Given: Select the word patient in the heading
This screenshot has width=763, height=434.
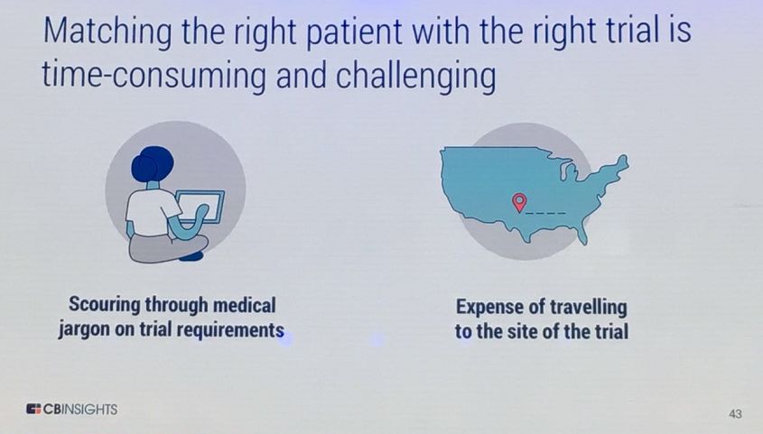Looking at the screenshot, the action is [x=354, y=31].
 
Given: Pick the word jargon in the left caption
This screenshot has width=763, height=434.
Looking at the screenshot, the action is [x=84, y=329].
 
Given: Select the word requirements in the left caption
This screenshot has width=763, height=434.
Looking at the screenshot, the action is [x=230, y=329].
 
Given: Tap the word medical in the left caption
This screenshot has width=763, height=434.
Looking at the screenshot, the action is [x=245, y=305].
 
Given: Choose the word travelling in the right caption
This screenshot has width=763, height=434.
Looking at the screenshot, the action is [x=589, y=307].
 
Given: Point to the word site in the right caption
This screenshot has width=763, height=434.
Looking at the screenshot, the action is [x=523, y=331].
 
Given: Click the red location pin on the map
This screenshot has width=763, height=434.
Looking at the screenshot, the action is [x=519, y=202].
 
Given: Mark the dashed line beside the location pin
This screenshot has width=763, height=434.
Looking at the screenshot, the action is [x=546, y=213].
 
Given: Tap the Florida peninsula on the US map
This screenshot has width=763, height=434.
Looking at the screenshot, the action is [x=582, y=232].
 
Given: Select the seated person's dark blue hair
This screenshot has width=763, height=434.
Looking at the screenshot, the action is [x=152, y=164].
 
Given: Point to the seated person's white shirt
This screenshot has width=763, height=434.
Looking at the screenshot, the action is [x=151, y=212].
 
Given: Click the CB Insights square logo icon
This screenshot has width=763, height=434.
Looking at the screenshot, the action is [x=33, y=409].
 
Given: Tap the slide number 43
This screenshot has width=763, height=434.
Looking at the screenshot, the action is [x=735, y=413].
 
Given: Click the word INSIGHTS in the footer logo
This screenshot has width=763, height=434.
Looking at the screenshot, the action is [x=90, y=410].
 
